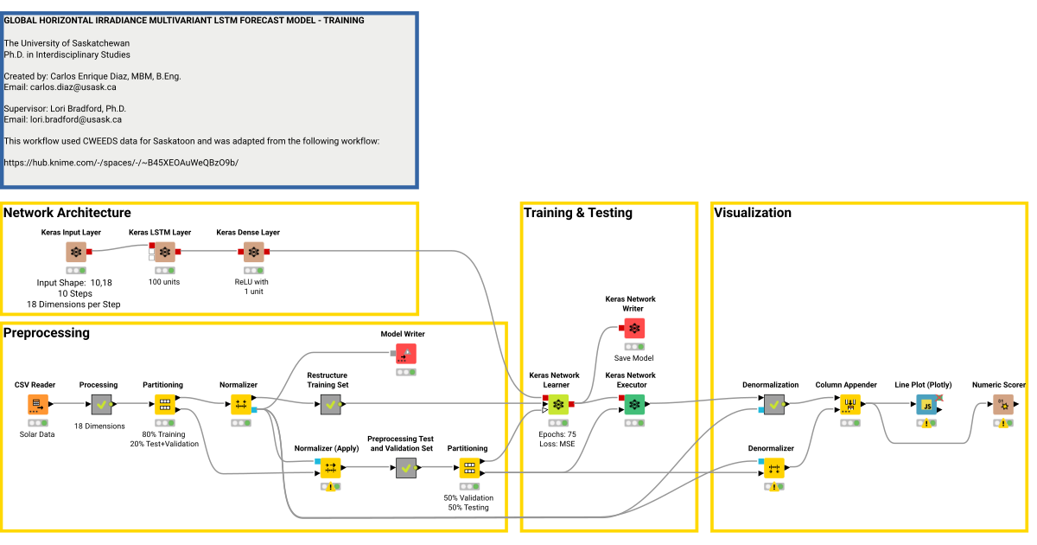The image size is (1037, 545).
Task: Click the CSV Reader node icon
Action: click(x=38, y=404)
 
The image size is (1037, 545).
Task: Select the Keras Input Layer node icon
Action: click(x=76, y=252)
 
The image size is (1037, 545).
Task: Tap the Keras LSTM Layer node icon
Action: click(x=164, y=252)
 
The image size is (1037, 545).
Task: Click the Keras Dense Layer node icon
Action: click(x=252, y=252)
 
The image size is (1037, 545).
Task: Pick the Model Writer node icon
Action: click(x=406, y=353)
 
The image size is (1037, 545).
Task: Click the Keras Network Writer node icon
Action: click(x=634, y=328)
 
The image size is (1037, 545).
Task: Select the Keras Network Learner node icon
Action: click(x=558, y=404)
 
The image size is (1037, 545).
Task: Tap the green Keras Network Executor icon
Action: click(x=634, y=404)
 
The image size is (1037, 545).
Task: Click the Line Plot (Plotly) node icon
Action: click(x=926, y=404)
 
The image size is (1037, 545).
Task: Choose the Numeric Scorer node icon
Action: click(x=1002, y=404)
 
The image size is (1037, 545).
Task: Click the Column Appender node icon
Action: click(x=849, y=404)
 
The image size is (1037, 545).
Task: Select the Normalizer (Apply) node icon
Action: click(x=330, y=468)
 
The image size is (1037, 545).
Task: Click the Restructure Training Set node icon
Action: click(x=330, y=404)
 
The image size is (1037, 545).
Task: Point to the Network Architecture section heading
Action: click(x=67, y=213)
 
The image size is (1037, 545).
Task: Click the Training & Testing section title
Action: click(x=578, y=213)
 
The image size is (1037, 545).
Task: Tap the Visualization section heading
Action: click(x=753, y=213)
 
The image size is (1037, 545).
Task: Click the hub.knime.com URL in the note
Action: click(x=121, y=163)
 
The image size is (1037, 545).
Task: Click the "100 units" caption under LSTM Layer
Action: click(x=164, y=282)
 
